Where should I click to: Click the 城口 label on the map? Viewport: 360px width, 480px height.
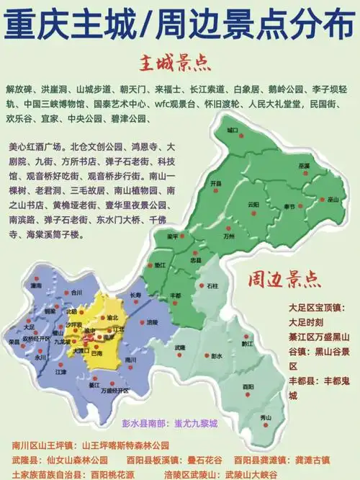point(232,130)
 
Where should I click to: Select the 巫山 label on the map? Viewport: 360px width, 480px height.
point(333,199)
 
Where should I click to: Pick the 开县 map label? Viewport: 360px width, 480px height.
point(215,184)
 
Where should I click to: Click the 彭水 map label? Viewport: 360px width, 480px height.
point(217,356)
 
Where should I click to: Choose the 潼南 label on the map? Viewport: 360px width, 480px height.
point(36,285)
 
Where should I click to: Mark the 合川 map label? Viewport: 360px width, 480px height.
point(77,293)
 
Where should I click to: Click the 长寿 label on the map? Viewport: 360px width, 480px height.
point(135,295)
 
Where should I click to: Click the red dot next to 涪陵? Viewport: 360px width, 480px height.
point(143,321)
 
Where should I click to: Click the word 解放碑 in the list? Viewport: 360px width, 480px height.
point(20,89)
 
